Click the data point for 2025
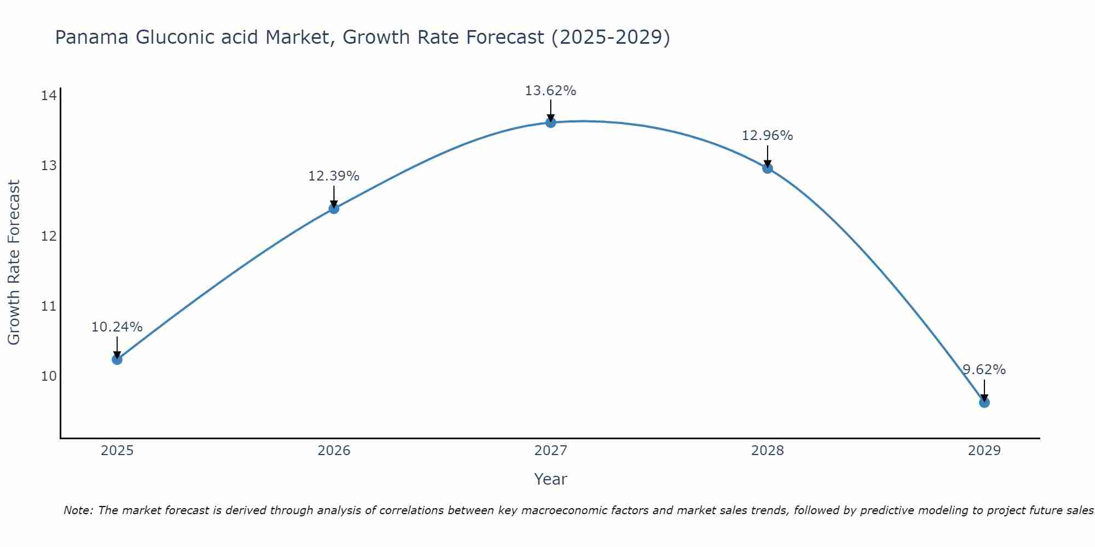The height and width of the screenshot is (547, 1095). click(x=117, y=359)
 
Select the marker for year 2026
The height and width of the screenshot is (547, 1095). click(x=333, y=208)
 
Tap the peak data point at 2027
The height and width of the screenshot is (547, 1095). click(x=551, y=123)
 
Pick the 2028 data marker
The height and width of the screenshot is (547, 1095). click(x=768, y=168)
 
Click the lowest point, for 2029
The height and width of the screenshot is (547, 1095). click(x=984, y=403)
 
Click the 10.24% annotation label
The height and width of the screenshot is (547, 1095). click(x=117, y=327)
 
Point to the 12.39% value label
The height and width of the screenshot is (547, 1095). click(x=333, y=176)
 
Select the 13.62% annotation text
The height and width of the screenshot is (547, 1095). click(x=550, y=91)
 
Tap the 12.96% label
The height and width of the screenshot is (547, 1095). click(x=767, y=136)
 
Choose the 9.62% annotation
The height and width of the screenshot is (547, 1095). click(x=984, y=370)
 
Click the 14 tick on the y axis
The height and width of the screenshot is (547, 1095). click(x=49, y=96)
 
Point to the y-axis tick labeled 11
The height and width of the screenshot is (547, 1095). click(x=49, y=306)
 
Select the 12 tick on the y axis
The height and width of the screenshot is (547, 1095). click(x=49, y=236)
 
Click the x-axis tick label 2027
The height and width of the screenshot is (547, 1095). click(x=550, y=451)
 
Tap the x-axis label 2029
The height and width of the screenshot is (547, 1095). click(x=984, y=451)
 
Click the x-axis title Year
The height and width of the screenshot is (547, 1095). click(x=550, y=479)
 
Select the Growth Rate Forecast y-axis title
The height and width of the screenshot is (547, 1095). click(x=14, y=263)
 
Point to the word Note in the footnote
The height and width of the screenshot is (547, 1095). click(x=78, y=510)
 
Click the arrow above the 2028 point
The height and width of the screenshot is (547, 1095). click(x=768, y=155)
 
